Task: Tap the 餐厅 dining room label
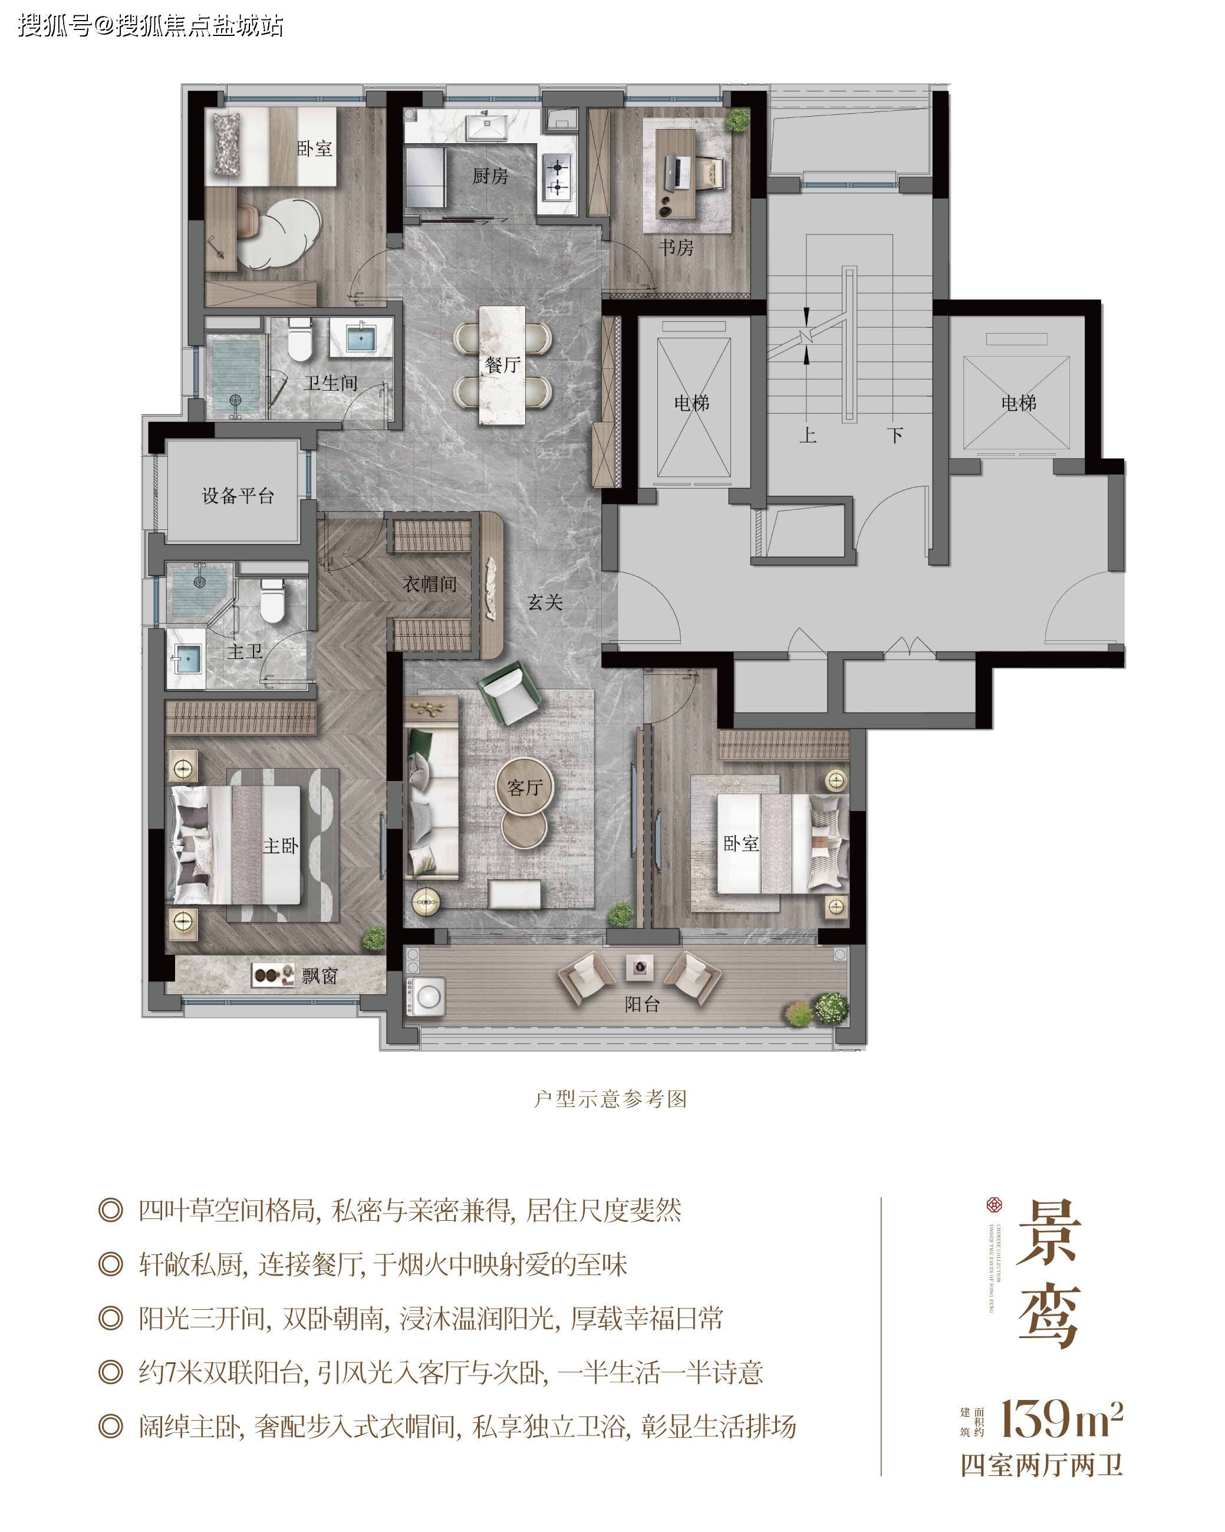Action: (x=502, y=365)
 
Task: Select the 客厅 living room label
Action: (x=525, y=788)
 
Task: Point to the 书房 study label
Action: (x=675, y=248)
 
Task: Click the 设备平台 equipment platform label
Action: (x=238, y=495)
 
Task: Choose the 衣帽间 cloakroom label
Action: (x=429, y=584)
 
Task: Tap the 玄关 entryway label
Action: (x=545, y=602)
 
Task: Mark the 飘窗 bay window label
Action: (x=319, y=976)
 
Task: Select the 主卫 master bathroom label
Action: (x=243, y=651)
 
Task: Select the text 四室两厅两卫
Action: (x=1041, y=1465)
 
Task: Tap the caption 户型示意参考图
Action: (x=610, y=1099)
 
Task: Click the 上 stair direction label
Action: (x=807, y=434)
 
